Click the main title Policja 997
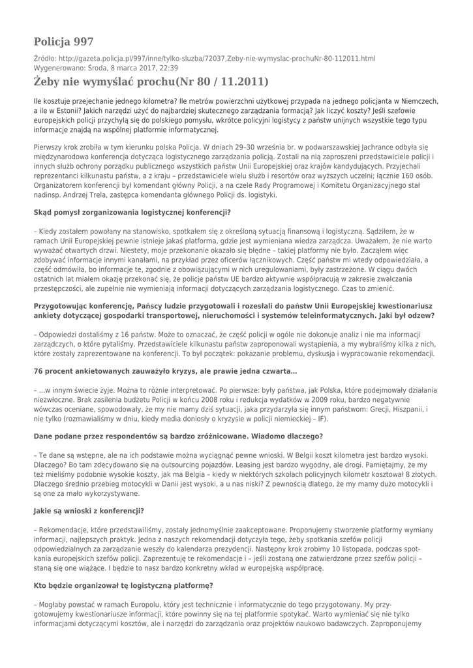(x=63, y=42)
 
